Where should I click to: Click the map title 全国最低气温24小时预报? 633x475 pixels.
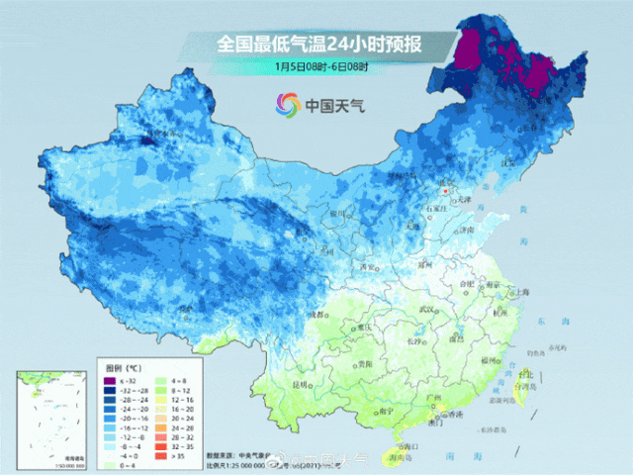pyautogui.click(x=320, y=44)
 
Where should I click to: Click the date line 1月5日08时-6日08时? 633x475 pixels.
pyautogui.click(x=320, y=66)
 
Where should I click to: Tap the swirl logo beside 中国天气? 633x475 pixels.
pyautogui.click(x=288, y=104)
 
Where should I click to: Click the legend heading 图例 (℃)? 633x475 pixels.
pyautogui.click(x=125, y=367)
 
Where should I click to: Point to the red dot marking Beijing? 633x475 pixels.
pyautogui.click(x=445, y=189)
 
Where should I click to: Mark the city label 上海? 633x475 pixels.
pyautogui.click(x=521, y=292)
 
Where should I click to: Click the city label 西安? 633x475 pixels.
pyautogui.click(x=371, y=267)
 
